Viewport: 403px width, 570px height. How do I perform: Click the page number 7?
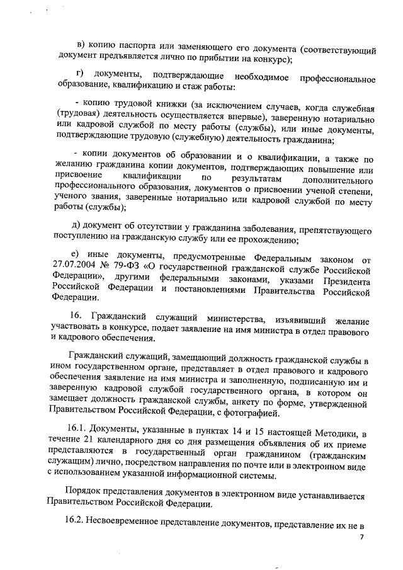pos(362,539)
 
